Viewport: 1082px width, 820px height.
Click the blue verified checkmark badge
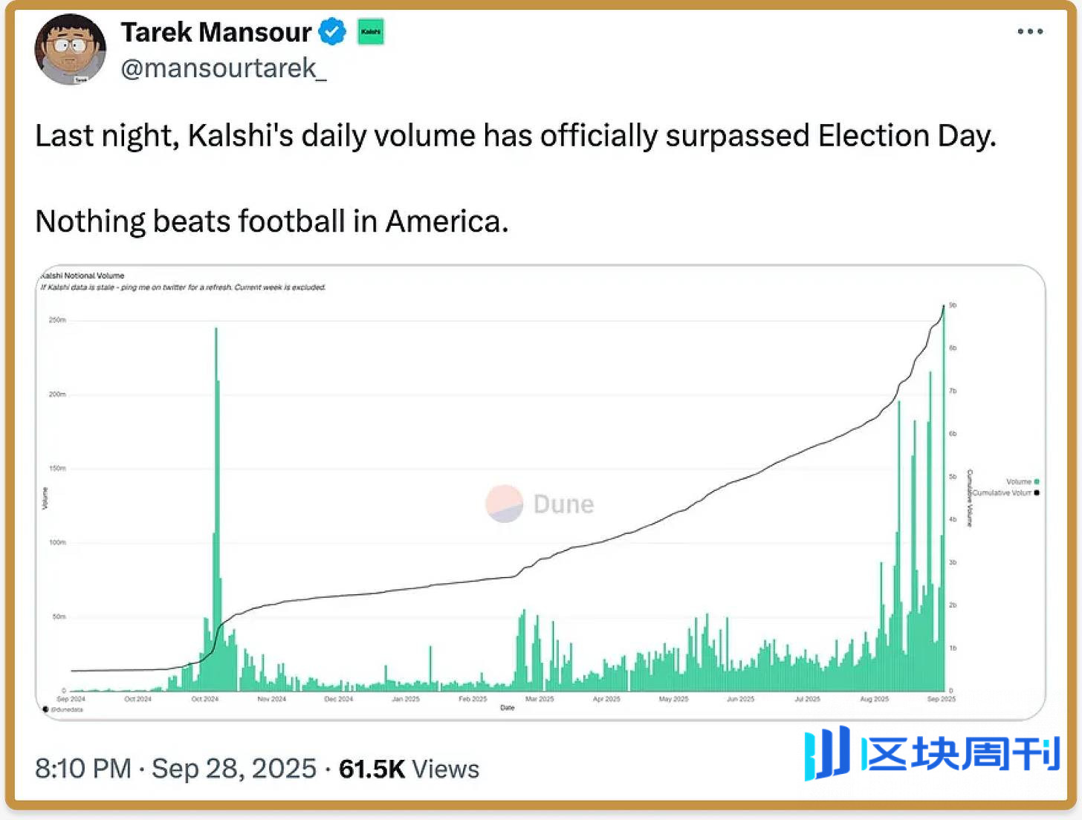point(332,32)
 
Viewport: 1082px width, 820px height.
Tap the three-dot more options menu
point(1030,31)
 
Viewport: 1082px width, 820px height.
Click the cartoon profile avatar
point(70,49)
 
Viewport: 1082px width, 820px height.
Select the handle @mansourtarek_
point(223,68)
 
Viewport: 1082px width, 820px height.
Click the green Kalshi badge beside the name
point(371,32)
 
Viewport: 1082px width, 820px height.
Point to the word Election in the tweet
point(872,136)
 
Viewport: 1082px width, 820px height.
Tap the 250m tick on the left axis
point(57,320)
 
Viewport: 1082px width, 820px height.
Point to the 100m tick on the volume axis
point(57,542)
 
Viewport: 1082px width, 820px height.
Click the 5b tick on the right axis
point(953,477)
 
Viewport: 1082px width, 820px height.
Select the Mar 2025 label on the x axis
point(540,699)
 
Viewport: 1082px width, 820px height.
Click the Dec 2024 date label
point(339,699)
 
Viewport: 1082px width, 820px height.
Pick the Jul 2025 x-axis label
point(807,699)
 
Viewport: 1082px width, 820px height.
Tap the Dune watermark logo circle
point(505,504)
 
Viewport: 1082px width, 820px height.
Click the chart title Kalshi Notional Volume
point(82,276)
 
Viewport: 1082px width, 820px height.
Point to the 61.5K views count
point(372,769)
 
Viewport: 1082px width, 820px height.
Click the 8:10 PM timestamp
point(83,769)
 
